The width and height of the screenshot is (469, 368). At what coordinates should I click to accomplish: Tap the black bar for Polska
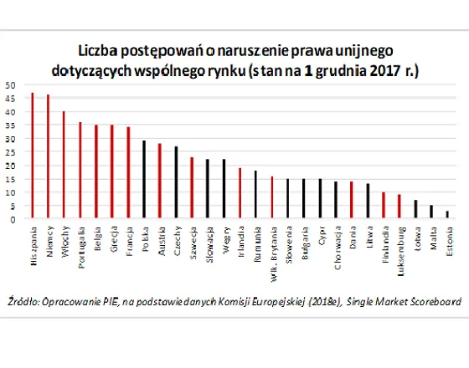point(143,180)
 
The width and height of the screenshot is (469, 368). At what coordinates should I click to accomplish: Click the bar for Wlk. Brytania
point(271,197)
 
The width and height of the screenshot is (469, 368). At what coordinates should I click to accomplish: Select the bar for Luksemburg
point(399,207)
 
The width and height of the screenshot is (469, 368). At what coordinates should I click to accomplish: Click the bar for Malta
point(430,212)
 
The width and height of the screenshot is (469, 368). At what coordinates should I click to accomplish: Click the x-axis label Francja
point(129,240)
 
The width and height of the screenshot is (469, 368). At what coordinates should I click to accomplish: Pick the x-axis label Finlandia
point(384,243)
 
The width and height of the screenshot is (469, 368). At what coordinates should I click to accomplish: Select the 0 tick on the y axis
point(10,219)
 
